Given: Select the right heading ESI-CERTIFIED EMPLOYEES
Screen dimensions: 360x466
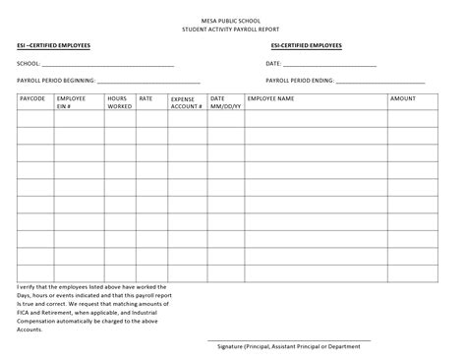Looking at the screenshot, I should click(307, 46).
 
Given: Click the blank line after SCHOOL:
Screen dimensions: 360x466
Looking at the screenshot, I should click(108, 65).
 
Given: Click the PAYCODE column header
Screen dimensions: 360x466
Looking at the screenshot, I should click(32, 99).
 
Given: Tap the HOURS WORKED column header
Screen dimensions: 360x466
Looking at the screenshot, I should click(118, 102).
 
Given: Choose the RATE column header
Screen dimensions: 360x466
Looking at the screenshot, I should click(146, 99).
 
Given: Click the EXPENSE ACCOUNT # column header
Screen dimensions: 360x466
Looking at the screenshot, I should click(185, 102).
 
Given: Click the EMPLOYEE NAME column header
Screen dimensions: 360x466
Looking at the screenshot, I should click(270, 99).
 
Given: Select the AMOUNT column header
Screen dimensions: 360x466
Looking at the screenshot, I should click(403, 99).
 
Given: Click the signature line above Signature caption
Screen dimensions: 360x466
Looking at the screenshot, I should click(295, 340).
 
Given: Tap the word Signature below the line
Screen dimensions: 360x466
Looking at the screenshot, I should click(233, 346).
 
